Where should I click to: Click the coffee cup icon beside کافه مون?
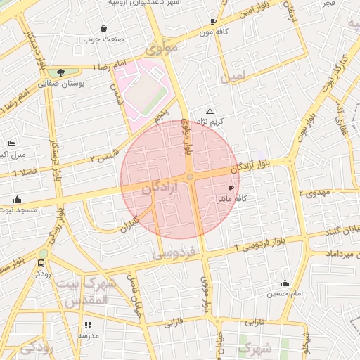pyautogui.click(x=213, y=22)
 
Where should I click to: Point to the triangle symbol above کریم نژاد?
pyautogui.click(x=210, y=112)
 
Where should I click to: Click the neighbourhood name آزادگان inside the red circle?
pyautogui.click(x=159, y=188)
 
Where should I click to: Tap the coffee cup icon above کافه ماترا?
pyautogui.click(x=231, y=188)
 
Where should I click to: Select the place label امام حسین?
pyautogui.click(x=284, y=292)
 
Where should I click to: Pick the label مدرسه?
pyautogui.click(x=88, y=336)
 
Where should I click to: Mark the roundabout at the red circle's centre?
pyautogui.click(x=190, y=177)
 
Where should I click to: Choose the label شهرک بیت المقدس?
pyautogui.click(x=91, y=292)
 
